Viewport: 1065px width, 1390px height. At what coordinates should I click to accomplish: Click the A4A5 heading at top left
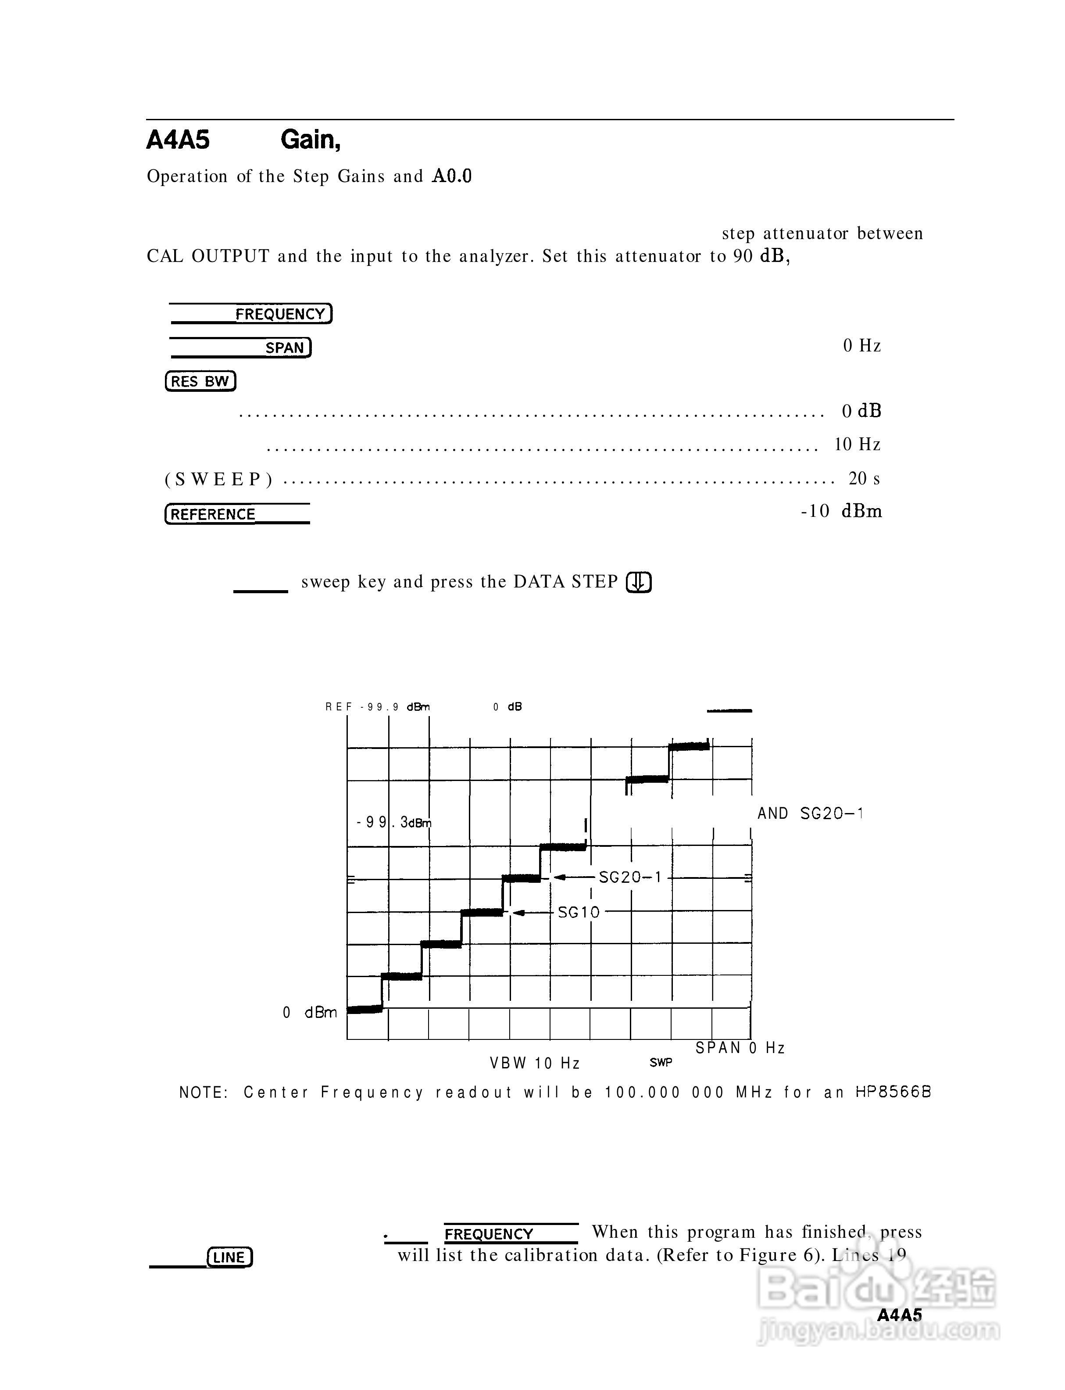coord(178,140)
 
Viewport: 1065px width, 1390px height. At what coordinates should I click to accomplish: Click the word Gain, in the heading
coord(311,140)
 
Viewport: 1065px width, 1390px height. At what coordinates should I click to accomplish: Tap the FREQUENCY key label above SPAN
coord(281,314)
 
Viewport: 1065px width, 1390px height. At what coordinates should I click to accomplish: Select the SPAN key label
coord(285,347)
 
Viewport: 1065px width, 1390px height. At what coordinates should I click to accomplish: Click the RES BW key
coord(200,381)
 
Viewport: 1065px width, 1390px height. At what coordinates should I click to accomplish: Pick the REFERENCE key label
coord(214,514)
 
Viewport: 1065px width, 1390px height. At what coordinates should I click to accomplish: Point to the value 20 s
coord(864,479)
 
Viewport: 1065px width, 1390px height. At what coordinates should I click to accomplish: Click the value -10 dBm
coord(841,512)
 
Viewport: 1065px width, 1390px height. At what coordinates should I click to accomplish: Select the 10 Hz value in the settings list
coord(857,444)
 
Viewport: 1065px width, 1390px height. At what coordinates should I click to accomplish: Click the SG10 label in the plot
coord(578,913)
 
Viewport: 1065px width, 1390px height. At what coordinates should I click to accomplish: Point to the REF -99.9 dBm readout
coord(378,707)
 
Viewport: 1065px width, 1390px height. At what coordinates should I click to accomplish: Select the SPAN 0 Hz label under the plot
coord(740,1048)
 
